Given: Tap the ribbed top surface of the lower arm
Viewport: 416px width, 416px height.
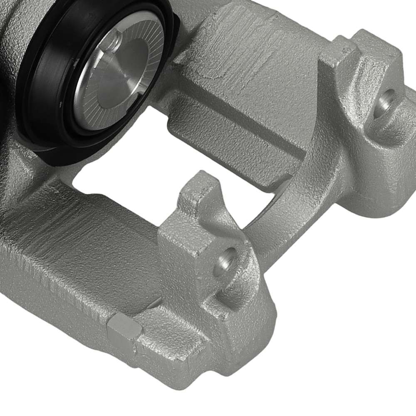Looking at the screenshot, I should click(83, 233).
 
